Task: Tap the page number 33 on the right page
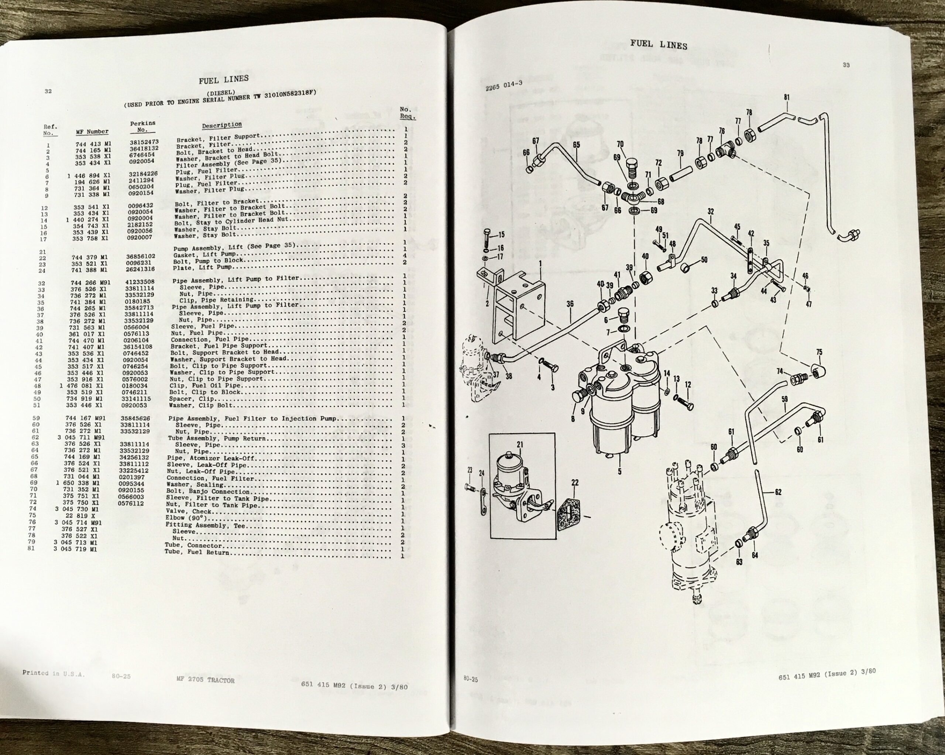click(x=846, y=65)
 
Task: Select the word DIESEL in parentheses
click(x=221, y=93)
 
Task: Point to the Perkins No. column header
click(x=142, y=127)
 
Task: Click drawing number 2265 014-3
click(x=504, y=86)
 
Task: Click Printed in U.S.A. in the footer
click(x=54, y=673)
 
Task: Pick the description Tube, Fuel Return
click(x=197, y=552)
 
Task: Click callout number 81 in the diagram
click(x=787, y=97)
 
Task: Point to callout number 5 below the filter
click(x=619, y=472)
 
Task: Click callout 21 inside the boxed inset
click(x=520, y=445)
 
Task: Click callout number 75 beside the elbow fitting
click(x=819, y=352)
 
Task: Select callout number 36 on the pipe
click(x=570, y=303)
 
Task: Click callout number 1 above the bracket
click(x=540, y=264)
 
